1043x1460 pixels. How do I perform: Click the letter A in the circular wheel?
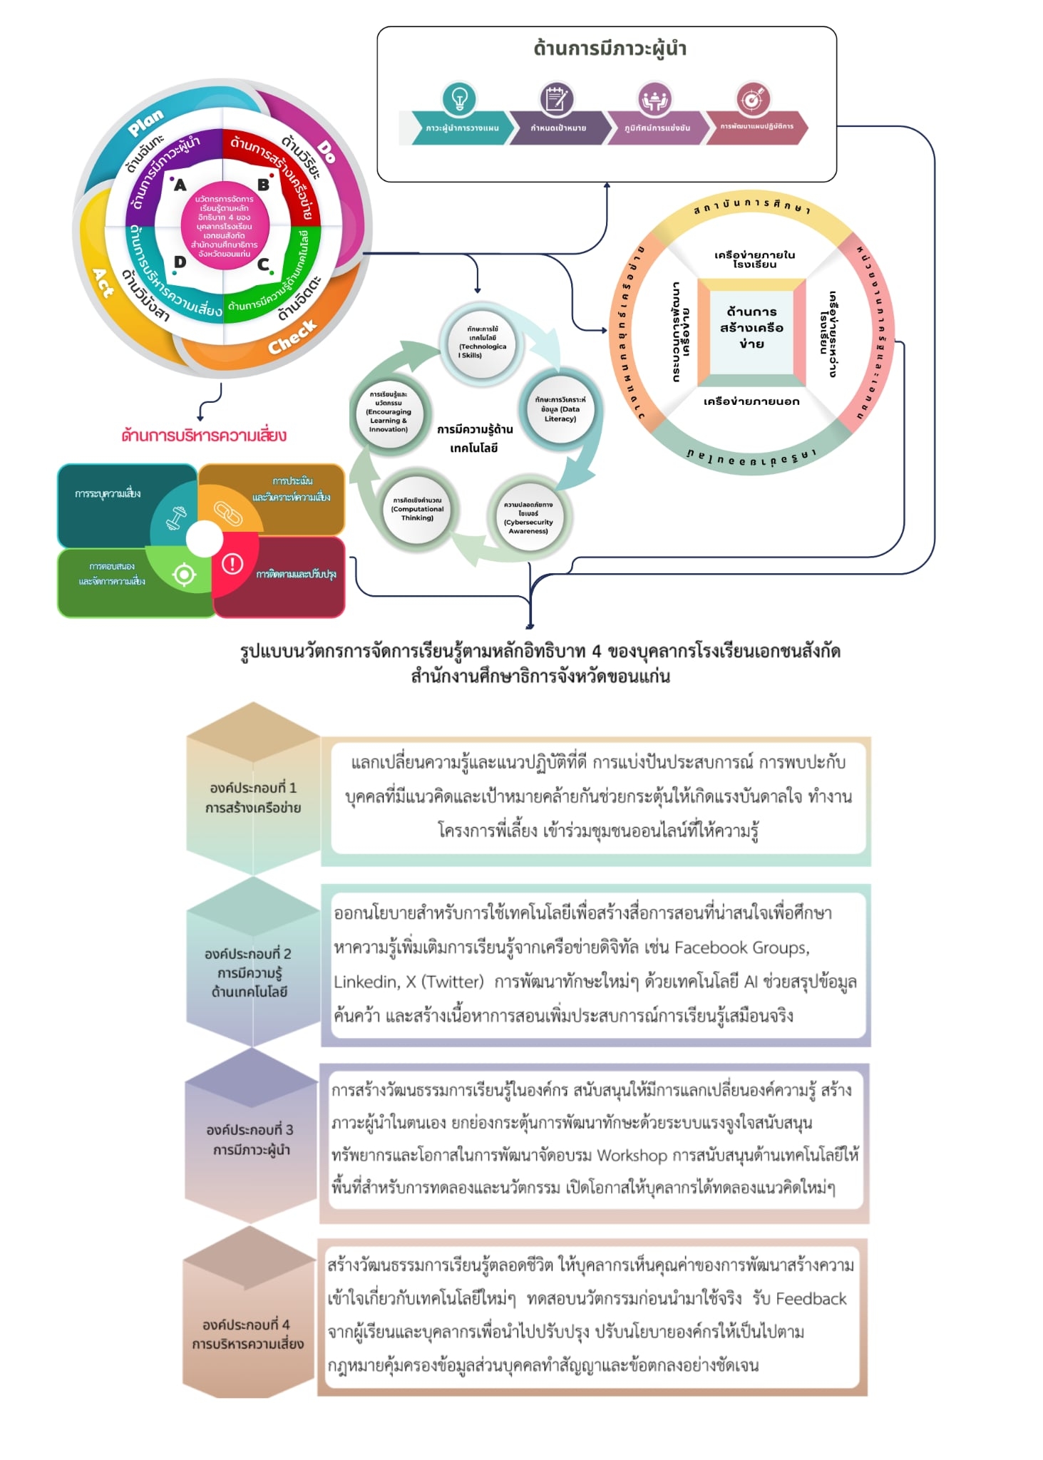180,185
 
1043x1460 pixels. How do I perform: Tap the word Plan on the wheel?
146,123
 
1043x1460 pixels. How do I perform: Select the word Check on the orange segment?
292,336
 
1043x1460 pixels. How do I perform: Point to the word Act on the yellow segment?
103,282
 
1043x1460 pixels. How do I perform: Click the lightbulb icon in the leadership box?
459,98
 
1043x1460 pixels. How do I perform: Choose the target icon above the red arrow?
753,98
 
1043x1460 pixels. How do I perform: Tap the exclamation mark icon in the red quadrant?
232,564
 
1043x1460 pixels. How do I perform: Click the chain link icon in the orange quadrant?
227,513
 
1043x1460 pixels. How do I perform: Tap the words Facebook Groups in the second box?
741,947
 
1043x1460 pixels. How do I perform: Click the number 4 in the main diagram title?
596,651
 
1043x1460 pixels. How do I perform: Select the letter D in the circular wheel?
180,262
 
